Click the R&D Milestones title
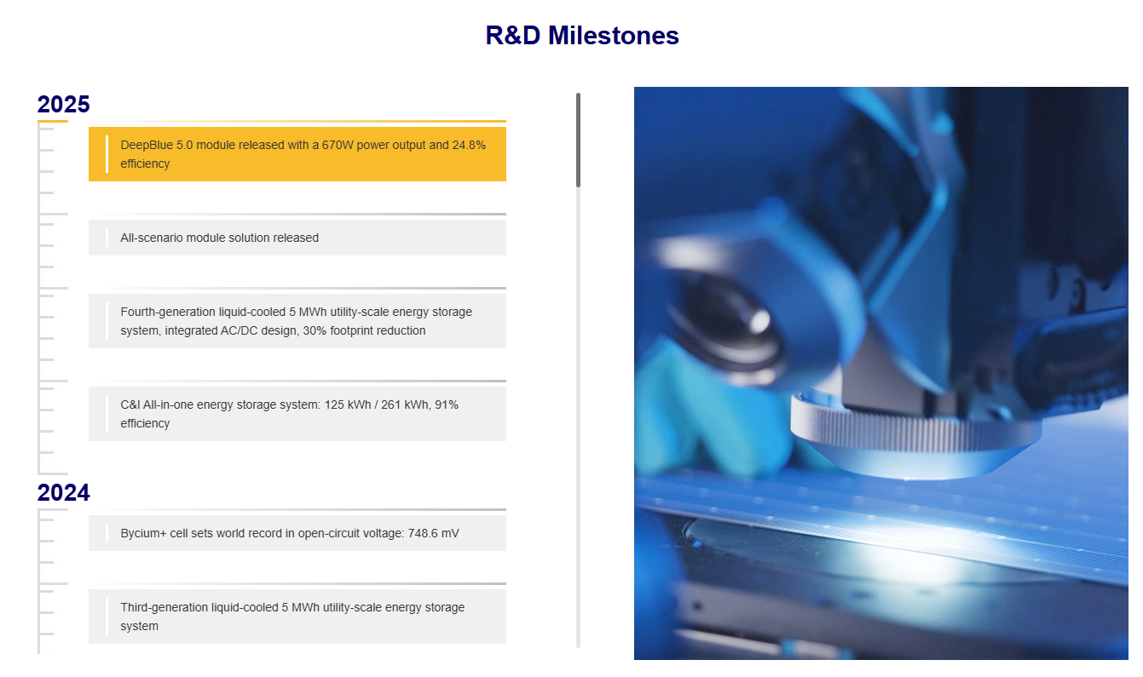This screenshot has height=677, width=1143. point(581,35)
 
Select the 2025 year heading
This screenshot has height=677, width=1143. point(63,105)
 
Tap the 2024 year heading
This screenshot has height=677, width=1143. point(63,492)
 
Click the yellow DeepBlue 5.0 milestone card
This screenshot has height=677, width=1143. point(297,154)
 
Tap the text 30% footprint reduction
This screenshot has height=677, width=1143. point(364,330)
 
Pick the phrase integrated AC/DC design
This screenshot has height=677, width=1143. point(232,331)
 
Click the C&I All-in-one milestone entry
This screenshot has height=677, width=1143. point(297,414)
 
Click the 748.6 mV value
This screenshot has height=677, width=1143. point(433,533)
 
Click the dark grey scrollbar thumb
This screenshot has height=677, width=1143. point(578,141)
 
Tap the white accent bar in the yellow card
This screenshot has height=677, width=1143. point(107,154)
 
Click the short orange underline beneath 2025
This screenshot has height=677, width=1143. point(53,121)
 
